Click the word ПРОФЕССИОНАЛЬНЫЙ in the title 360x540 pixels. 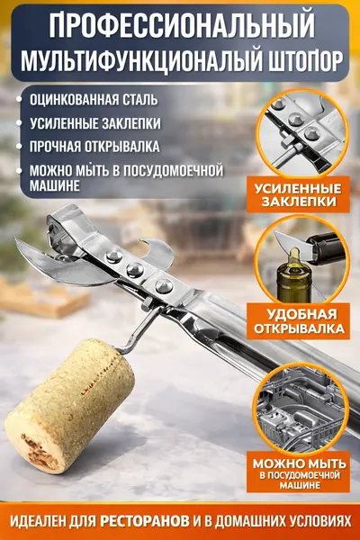[x=182, y=25]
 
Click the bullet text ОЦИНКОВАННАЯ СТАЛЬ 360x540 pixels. [x=94, y=100]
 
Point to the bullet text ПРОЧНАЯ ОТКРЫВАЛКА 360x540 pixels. [x=94, y=147]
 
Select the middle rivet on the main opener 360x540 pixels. [x=135, y=269]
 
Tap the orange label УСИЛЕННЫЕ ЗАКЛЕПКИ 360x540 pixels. [x=298, y=194]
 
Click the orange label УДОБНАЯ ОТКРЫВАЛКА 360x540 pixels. [x=298, y=321]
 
